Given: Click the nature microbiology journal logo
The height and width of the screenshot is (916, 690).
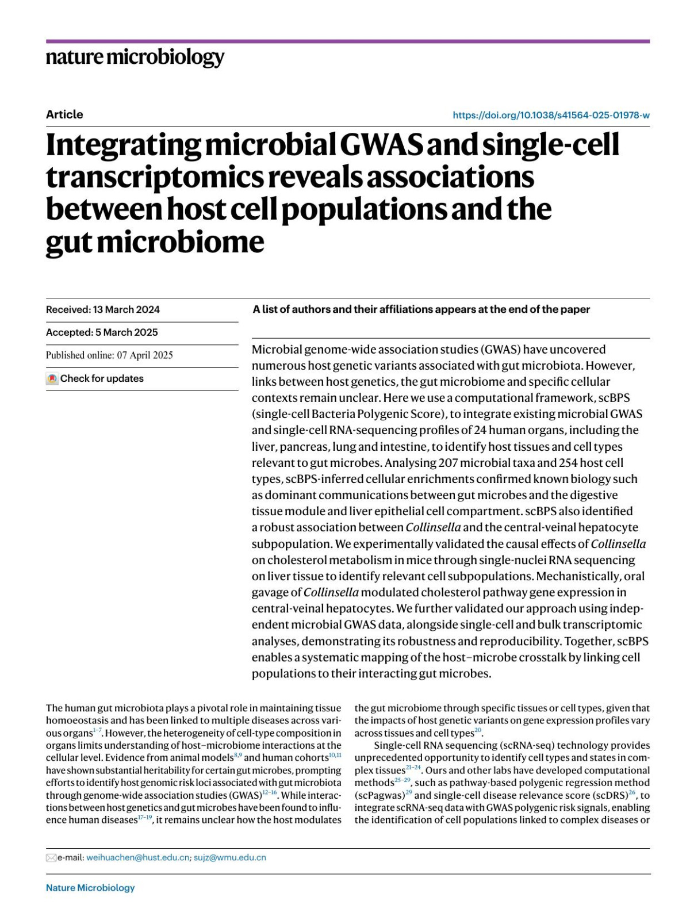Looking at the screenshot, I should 135,58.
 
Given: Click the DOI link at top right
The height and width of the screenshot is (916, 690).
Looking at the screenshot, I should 551,115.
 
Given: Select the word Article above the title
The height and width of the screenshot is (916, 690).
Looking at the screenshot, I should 64,114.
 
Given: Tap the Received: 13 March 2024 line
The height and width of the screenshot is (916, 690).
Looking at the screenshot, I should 103,309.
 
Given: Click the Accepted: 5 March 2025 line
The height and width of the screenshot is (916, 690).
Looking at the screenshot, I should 102,332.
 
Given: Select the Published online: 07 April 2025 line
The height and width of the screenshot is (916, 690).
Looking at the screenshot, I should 109,355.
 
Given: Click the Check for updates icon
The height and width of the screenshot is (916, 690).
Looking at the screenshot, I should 52,379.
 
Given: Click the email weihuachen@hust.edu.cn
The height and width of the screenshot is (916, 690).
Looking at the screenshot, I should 138,857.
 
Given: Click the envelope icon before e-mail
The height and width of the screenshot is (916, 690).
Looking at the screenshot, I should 51,858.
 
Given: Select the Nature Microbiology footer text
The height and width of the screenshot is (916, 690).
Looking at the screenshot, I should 90,888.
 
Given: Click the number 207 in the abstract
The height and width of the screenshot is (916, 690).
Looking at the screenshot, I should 448,463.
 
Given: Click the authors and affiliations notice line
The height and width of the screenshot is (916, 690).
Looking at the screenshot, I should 421,309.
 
